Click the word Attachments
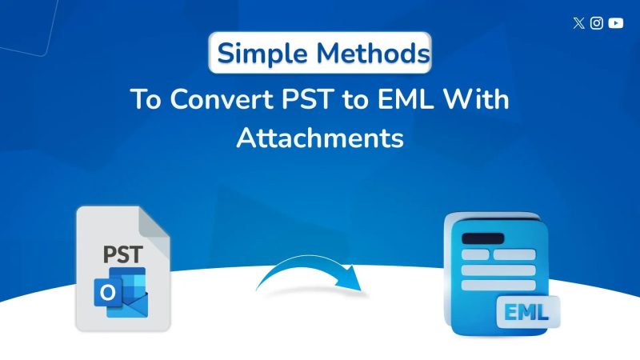coord(320,138)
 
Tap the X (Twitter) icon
coord(579,23)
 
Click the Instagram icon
coord(597,23)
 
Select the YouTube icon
coord(615,23)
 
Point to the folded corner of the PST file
coord(158,220)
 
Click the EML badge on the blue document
coord(524,310)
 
